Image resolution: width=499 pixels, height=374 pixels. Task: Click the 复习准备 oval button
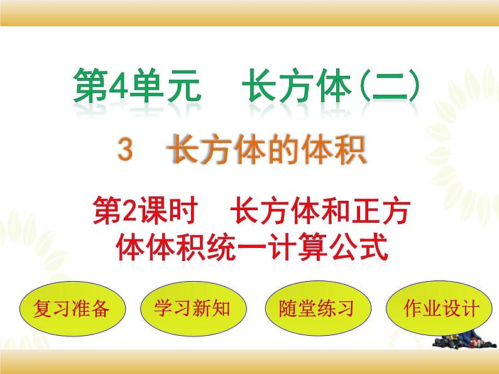point(65,309)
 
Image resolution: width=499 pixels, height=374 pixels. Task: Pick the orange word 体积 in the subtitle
point(339,151)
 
